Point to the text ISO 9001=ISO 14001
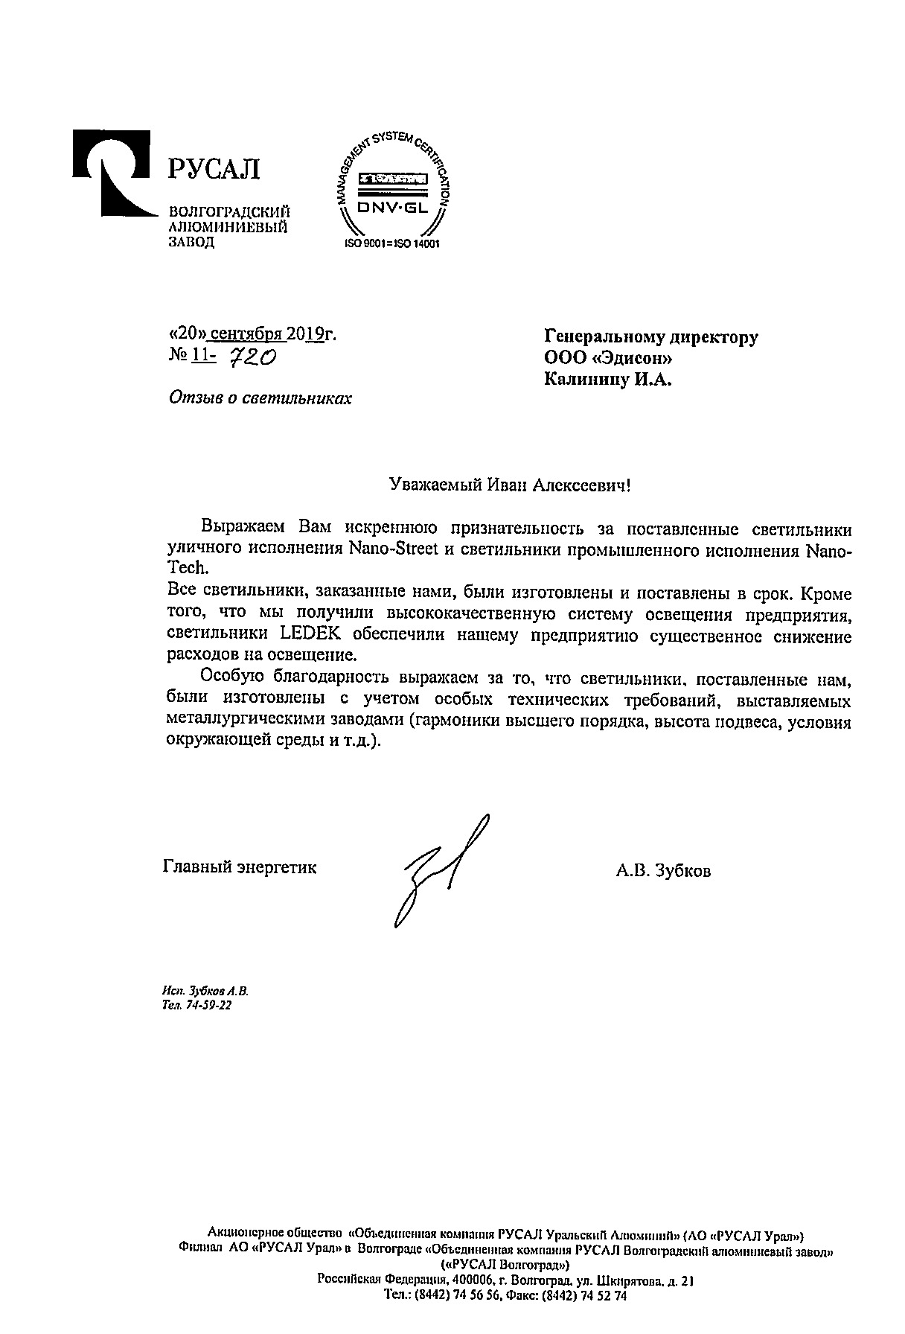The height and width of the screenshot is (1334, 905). (x=392, y=243)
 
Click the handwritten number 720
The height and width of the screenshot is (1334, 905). (x=251, y=359)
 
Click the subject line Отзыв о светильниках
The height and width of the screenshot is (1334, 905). (x=260, y=398)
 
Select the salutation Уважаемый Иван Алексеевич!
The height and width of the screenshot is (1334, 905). (x=510, y=485)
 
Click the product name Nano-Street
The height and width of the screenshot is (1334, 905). (x=387, y=552)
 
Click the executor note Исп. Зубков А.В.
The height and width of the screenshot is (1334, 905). (x=205, y=991)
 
